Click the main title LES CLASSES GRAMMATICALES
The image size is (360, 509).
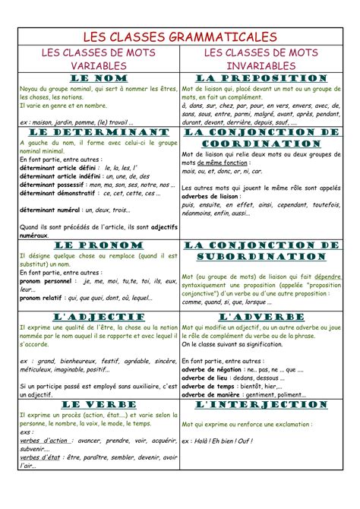tap(180, 36)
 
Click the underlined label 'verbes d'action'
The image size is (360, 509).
tap(44, 440)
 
